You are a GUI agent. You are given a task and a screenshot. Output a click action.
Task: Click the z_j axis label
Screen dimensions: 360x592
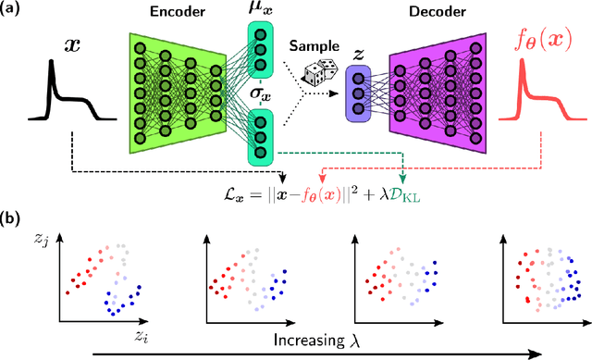pos(39,243)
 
